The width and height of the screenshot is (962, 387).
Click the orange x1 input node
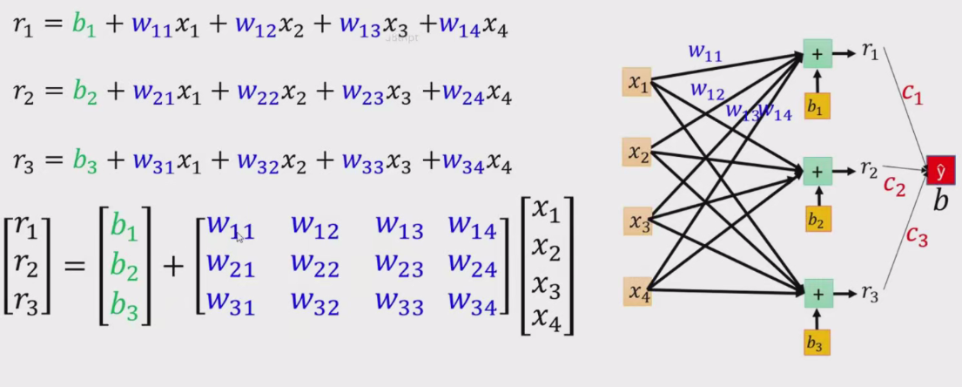click(638, 83)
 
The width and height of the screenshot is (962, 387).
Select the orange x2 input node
click(638, 153)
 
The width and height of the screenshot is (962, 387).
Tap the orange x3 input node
click(638, 221)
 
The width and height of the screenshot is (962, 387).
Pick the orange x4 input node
click(638, 290)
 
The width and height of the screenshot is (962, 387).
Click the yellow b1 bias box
click(817, 105)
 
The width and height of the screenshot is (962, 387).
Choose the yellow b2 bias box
click(817, 219)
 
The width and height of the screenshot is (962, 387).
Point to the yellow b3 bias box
click(817, 342)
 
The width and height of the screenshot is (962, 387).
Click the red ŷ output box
click(940, 171)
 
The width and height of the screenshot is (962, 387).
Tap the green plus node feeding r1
click(817, 53)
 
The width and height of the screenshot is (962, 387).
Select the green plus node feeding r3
click(817, 292)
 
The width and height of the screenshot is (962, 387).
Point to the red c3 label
click(917, 235)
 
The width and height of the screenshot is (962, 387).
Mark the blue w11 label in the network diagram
click(705, 53)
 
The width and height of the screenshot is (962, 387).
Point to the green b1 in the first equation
click(84, 26)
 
